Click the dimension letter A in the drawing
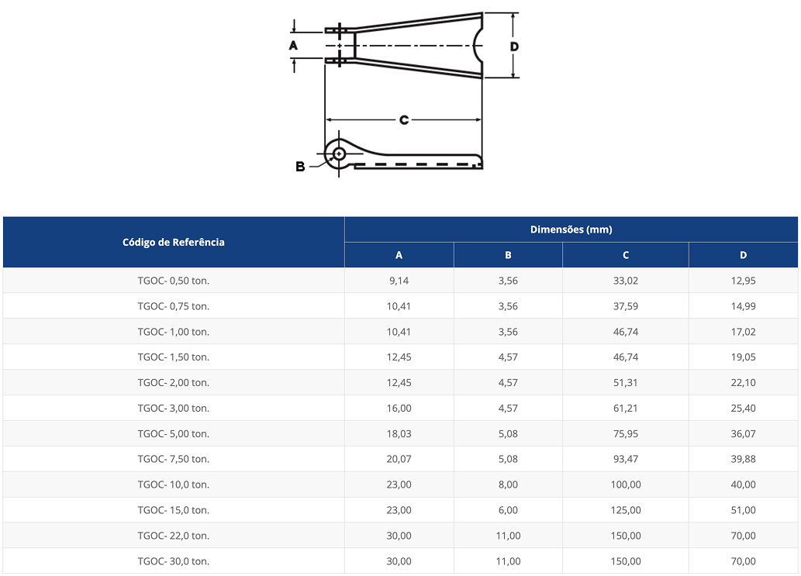[x=293, y=46]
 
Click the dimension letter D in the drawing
[x=514, y=46]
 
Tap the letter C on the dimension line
[x=404, y=120]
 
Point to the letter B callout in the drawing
[x=300, y=166]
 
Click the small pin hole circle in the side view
[x=339, y=153]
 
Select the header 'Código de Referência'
[x=174, y=242]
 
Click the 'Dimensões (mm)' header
[x=571, y=229]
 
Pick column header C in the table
[x=625, y=255]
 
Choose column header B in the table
[x=508, y=255]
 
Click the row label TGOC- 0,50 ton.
[x=174, y=281]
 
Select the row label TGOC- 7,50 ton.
[x=174, y=459]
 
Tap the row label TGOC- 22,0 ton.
[x=174, y=536]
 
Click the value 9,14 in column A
[x=399, y=281]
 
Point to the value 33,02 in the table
[x=625, y=281]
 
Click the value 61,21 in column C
[x=625, y=408]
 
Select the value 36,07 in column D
[x=743, y=433]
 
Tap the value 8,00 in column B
[x=508, y=485]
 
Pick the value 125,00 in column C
[x=625, y=510]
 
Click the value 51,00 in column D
[x=743, y=510]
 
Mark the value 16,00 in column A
[x=399, y=408]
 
